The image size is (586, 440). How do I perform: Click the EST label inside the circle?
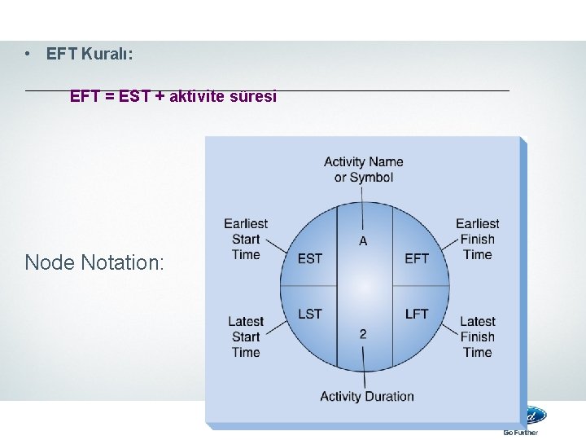tap(310, 258)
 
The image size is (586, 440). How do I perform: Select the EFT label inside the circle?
tap(417, 258)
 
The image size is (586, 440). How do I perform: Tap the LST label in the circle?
tap(310, 314)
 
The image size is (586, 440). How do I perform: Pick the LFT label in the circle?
tap(417, 314)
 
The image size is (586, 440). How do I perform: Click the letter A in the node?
tap(363, 240)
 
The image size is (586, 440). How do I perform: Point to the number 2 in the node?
tap(363, 334)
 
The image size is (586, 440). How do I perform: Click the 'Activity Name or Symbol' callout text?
tap(364, 169)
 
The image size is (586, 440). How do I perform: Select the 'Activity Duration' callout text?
tap(367, 397)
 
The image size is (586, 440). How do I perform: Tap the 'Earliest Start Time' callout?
tap(246, 239)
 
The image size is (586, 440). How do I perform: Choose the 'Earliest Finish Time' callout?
tap(478, 239)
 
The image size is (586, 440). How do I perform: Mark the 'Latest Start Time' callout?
tap(246, 337)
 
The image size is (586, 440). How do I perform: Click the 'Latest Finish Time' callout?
tap(478, 337)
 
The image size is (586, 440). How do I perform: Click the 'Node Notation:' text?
tap(94, 262)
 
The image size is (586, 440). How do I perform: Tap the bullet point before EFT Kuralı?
tap(28, 55)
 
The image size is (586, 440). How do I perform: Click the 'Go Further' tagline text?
tap(521, 433)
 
